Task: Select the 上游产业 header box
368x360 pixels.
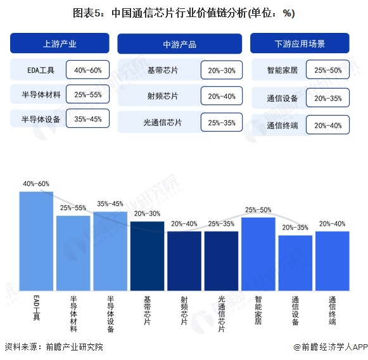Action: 60,44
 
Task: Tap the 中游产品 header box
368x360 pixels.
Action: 180,44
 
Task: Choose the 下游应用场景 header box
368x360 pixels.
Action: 300,44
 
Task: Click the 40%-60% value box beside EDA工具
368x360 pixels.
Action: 88,70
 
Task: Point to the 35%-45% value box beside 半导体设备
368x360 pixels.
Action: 88,119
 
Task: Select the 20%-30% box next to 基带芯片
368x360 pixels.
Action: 222,71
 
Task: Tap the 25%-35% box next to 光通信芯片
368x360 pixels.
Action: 222,123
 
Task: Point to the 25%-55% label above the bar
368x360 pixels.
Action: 73,208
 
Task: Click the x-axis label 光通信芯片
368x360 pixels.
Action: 221,310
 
